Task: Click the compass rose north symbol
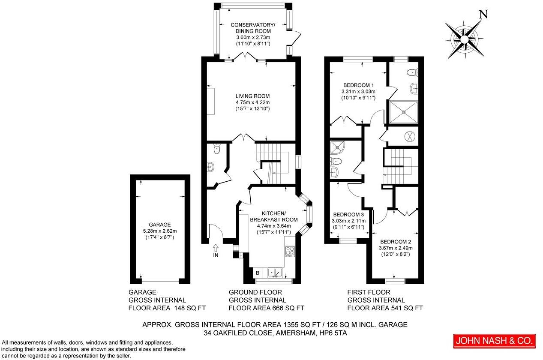pos(464,39)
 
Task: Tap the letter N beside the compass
pos(483,14)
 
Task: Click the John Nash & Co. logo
pos(494,341)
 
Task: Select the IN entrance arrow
pos(215,247)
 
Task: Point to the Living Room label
pos(252,96)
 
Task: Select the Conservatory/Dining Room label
pos(253,28)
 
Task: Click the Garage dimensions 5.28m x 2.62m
pos(160,231)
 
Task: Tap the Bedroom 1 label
pos(358,85)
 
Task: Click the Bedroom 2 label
pos(395,241)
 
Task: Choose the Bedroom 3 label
pos(348,215)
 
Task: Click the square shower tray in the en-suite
pos(403,111)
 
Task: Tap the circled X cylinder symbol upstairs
pos(410,136)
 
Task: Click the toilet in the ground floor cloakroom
pos(217,149)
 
